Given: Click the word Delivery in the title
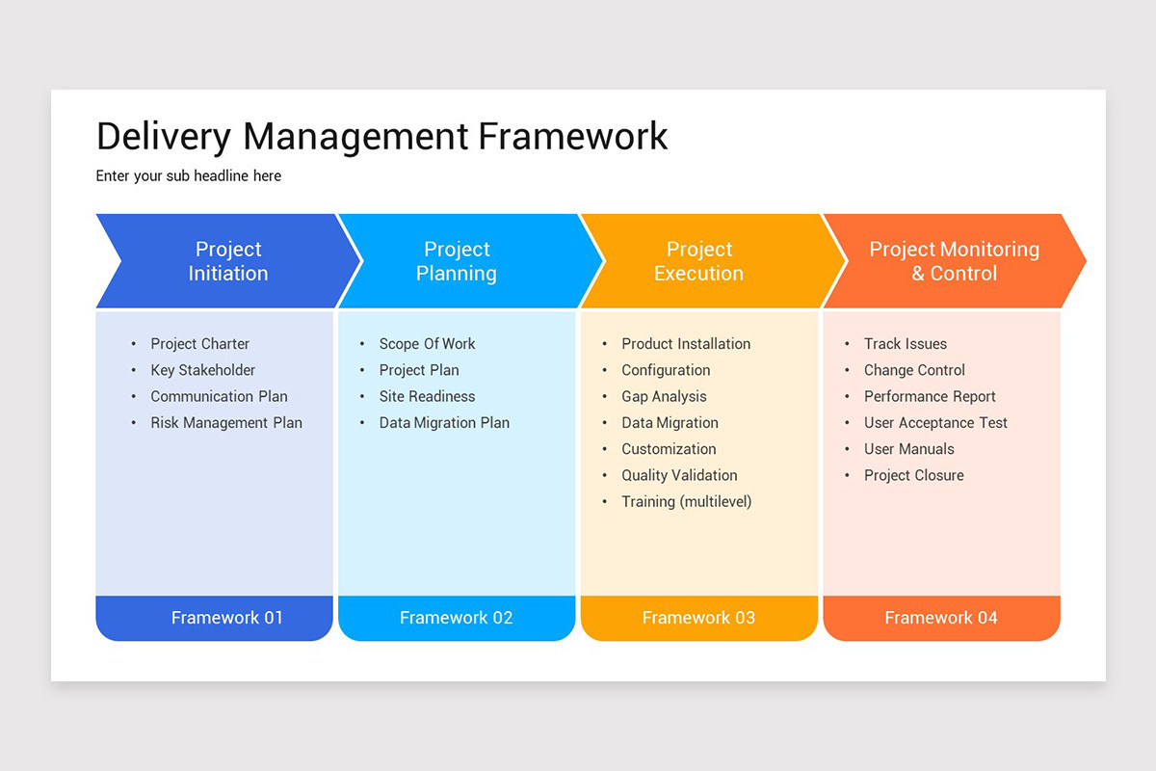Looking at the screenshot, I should pyautogui.click(x=164, y=136).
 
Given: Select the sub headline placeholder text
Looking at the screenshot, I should pyautogui.click(x=189, y=176).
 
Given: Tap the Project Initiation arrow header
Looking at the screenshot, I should pyautogui.click(x=228, y=261).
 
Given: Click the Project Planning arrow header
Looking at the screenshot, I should pyautogui.click(x=457, y=261).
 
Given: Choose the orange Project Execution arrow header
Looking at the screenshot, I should pyautogui.click(x=698, y=261).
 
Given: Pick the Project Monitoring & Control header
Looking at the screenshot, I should pyautogui.click(x=954, y=261).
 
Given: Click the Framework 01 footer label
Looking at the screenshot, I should pyautogui.click(x=227, y=618).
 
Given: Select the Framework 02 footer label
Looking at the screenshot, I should pyautogui.click(x=457, y=618).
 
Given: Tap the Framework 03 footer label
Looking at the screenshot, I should pyautogui.click(x=698, y=618).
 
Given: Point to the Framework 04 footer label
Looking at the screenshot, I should pyautogui.click(x=941, y=618).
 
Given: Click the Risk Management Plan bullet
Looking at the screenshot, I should pyautogui.click(x=226, y=423).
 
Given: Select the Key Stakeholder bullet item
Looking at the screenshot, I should pyautogui.click(x=203, y=370).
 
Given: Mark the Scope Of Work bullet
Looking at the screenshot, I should pyautogui.click(x=427, y=344).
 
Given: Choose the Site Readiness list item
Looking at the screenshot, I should pyautogui.click(x=427, y=396).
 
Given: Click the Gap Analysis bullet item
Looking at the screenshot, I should pyautogui.click(x=664, y=396).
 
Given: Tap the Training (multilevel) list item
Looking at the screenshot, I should pyautogui.click(x=686, y=501).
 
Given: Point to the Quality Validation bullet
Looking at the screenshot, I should pyautogui.click(x=679, y=475).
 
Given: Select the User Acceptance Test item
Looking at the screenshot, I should pyautogui.click(x=935, y=423).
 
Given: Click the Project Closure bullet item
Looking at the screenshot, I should pyautogui.click(x=913, y=475).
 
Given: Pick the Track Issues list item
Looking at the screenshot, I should pyautogui.click(x=905, y=344).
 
